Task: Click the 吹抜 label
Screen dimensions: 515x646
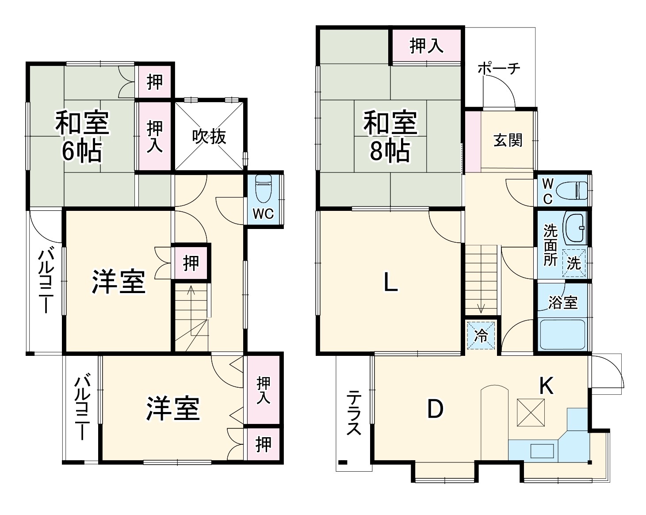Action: (x=209, y=137)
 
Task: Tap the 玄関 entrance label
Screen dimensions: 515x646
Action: (x=508, y=141)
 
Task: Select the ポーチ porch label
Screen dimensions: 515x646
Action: (x=499, y=69)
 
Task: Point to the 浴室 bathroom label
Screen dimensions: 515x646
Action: (x=563, y=303)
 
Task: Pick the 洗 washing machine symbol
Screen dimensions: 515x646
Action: (x=574, y=263)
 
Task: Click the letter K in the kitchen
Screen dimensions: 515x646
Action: (x=547, y=386)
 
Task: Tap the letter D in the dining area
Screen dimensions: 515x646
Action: (x=435, y=409)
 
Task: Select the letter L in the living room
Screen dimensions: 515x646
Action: (x=390, y=282)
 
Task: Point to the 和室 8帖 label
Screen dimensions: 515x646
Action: (x=390, y=137)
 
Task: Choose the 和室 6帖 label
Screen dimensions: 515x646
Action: (x=82, y=137)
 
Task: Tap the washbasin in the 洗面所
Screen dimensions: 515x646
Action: (x=575, y=228)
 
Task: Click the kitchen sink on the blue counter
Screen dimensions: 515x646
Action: (x=542, y=451)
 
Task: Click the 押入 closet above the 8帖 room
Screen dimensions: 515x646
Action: (x=426, y=46)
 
